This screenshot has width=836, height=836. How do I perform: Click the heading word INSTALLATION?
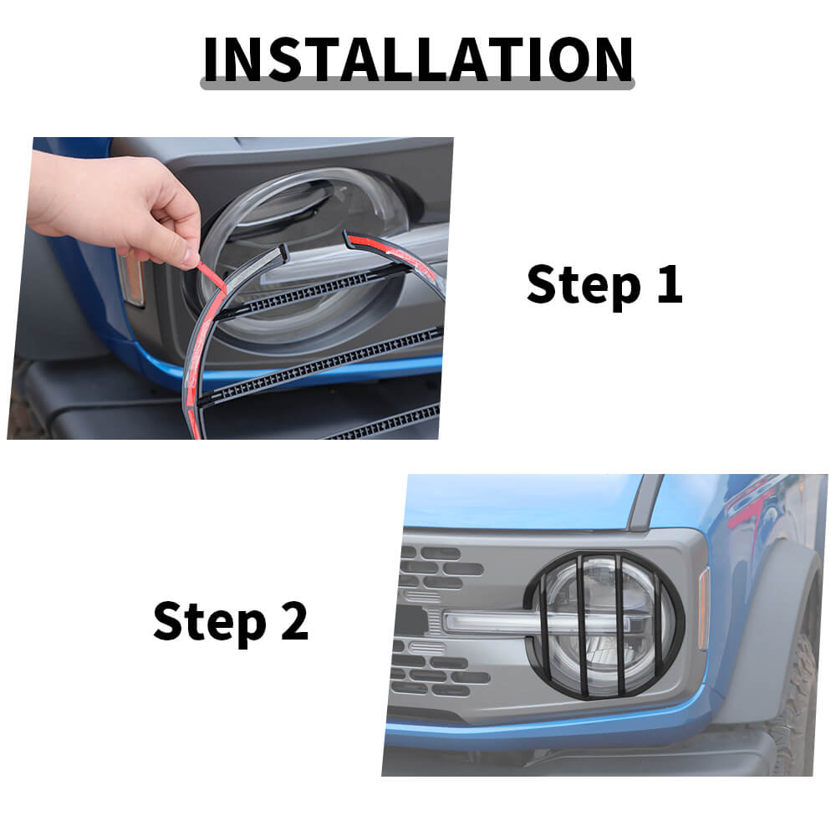418,59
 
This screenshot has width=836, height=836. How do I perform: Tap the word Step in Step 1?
584,286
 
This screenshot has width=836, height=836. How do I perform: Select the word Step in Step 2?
209,622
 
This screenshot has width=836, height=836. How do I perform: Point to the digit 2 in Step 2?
294,620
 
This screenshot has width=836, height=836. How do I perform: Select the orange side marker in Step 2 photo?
703,608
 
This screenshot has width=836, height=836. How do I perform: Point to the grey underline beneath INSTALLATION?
417,84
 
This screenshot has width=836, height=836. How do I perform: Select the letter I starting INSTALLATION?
211,59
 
